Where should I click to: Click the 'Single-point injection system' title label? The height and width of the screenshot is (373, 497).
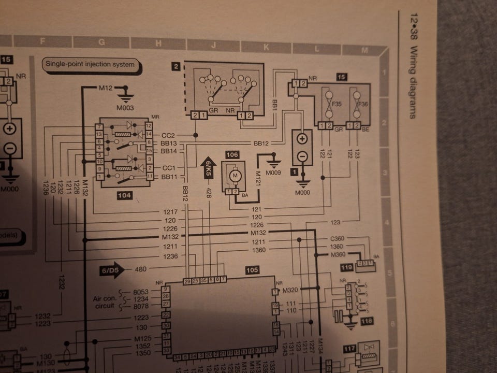[91, 65]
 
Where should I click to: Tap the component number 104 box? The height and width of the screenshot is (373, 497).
[125, 196]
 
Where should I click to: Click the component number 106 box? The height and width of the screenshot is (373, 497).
[231, 154]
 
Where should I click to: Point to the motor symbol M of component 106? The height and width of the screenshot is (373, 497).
[236, 177]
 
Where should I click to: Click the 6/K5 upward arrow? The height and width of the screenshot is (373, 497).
[208, 167]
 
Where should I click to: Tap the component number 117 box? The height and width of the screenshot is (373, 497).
[349, 350]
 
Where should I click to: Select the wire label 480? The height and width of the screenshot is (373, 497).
[140, 269]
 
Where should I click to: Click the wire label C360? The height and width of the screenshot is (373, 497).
[337, 238]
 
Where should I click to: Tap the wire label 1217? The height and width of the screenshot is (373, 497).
[170, 211]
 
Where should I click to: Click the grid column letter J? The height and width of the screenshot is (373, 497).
[213, 45]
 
